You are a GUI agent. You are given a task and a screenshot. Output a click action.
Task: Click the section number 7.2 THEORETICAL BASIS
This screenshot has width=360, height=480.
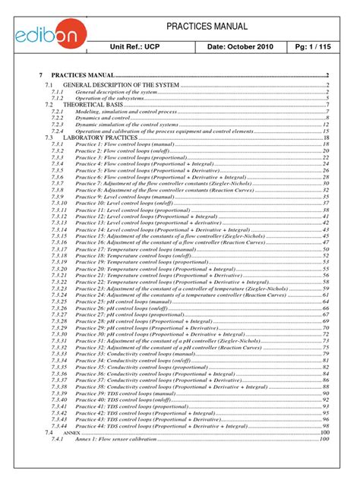point(49,104)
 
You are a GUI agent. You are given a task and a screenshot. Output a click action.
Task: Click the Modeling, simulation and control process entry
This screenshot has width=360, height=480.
point(125,111)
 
